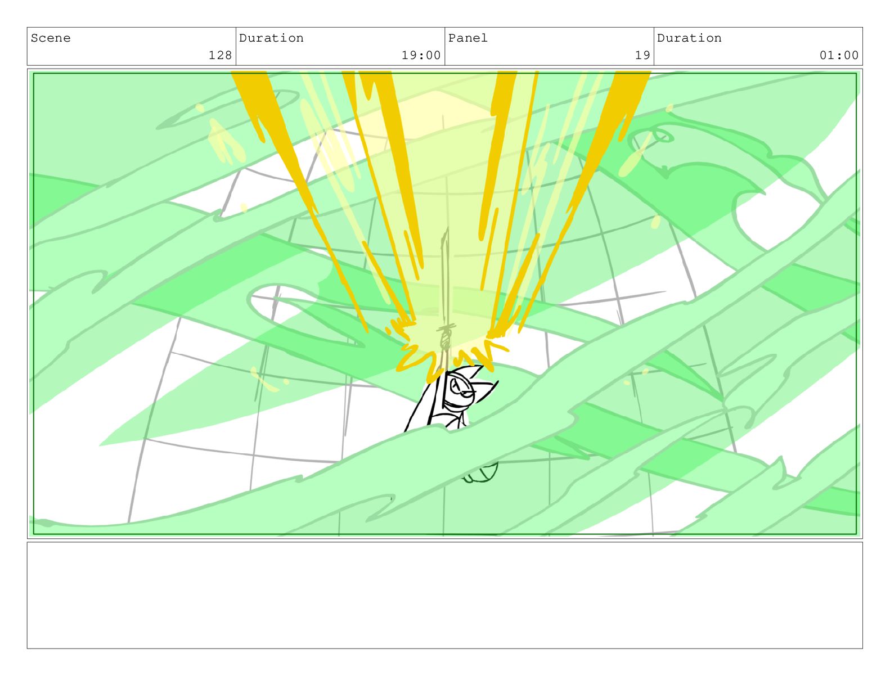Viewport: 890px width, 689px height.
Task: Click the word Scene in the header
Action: click(x=51, y=38)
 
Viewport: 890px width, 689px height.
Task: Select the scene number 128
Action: click(x=220, y=55)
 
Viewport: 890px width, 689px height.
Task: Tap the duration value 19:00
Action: click(x=421, y=55)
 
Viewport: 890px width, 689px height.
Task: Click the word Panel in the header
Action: click(x=468, y=38)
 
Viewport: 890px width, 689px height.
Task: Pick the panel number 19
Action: click(x=642, y=55)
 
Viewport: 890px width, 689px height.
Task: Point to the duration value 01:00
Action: click(x=839, y=55)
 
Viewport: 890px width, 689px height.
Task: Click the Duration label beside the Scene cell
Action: click(x=271, y=38)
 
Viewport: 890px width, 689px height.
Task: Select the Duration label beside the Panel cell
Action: click(x=689, y=38)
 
